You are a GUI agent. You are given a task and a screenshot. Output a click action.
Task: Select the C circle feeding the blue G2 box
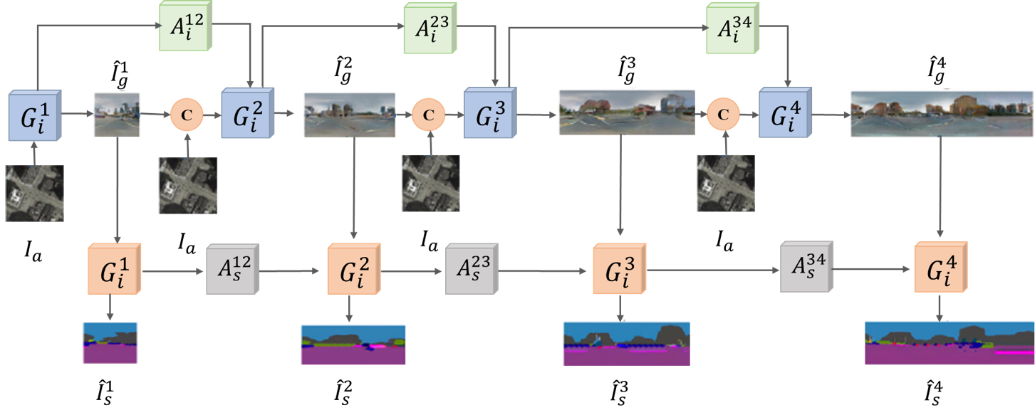click(187, 114)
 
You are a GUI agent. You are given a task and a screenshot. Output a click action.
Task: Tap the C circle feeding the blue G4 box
click(724, 114)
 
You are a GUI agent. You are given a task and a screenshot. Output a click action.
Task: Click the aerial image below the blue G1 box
click(35, 193)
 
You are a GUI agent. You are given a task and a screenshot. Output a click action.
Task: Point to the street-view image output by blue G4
click(941, 113)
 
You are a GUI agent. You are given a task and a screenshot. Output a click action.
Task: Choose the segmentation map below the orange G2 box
click(353, 345)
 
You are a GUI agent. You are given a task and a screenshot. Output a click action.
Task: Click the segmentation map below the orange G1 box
click(110, 343)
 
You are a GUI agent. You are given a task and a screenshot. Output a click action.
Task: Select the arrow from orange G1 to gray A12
click(174, 270)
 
